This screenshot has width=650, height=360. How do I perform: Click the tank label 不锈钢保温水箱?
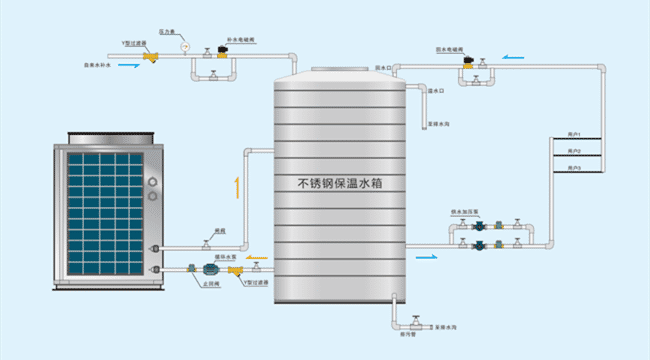tap(341, 183)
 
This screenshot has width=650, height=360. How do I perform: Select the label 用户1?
tap(574, 133)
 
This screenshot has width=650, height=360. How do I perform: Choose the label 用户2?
tap(574, 151)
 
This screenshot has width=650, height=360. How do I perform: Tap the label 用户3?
tap(574, 169)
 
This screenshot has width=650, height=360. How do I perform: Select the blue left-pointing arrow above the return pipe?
tap(511, 57)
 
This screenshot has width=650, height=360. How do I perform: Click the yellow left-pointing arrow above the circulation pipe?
tap(258, 256)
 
